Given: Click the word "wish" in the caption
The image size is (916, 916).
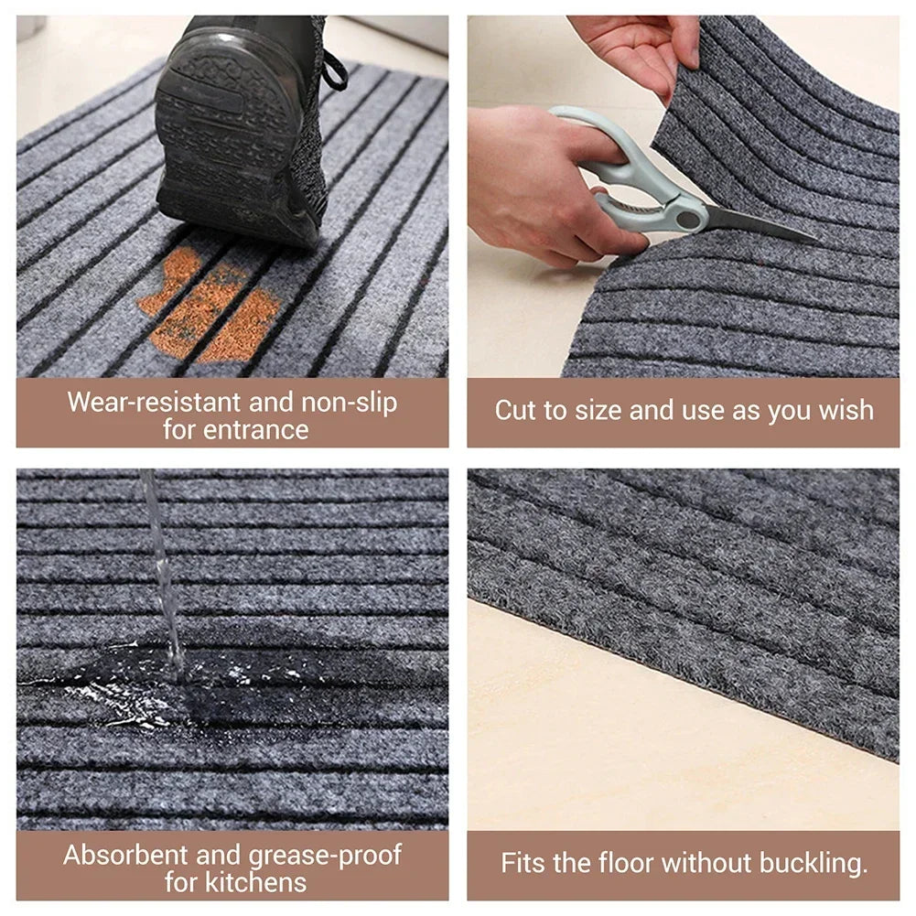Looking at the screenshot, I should point(846,410).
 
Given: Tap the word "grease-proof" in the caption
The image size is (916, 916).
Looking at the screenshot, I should point(325,856).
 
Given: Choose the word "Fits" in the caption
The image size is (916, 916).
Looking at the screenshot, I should point(523,862).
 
